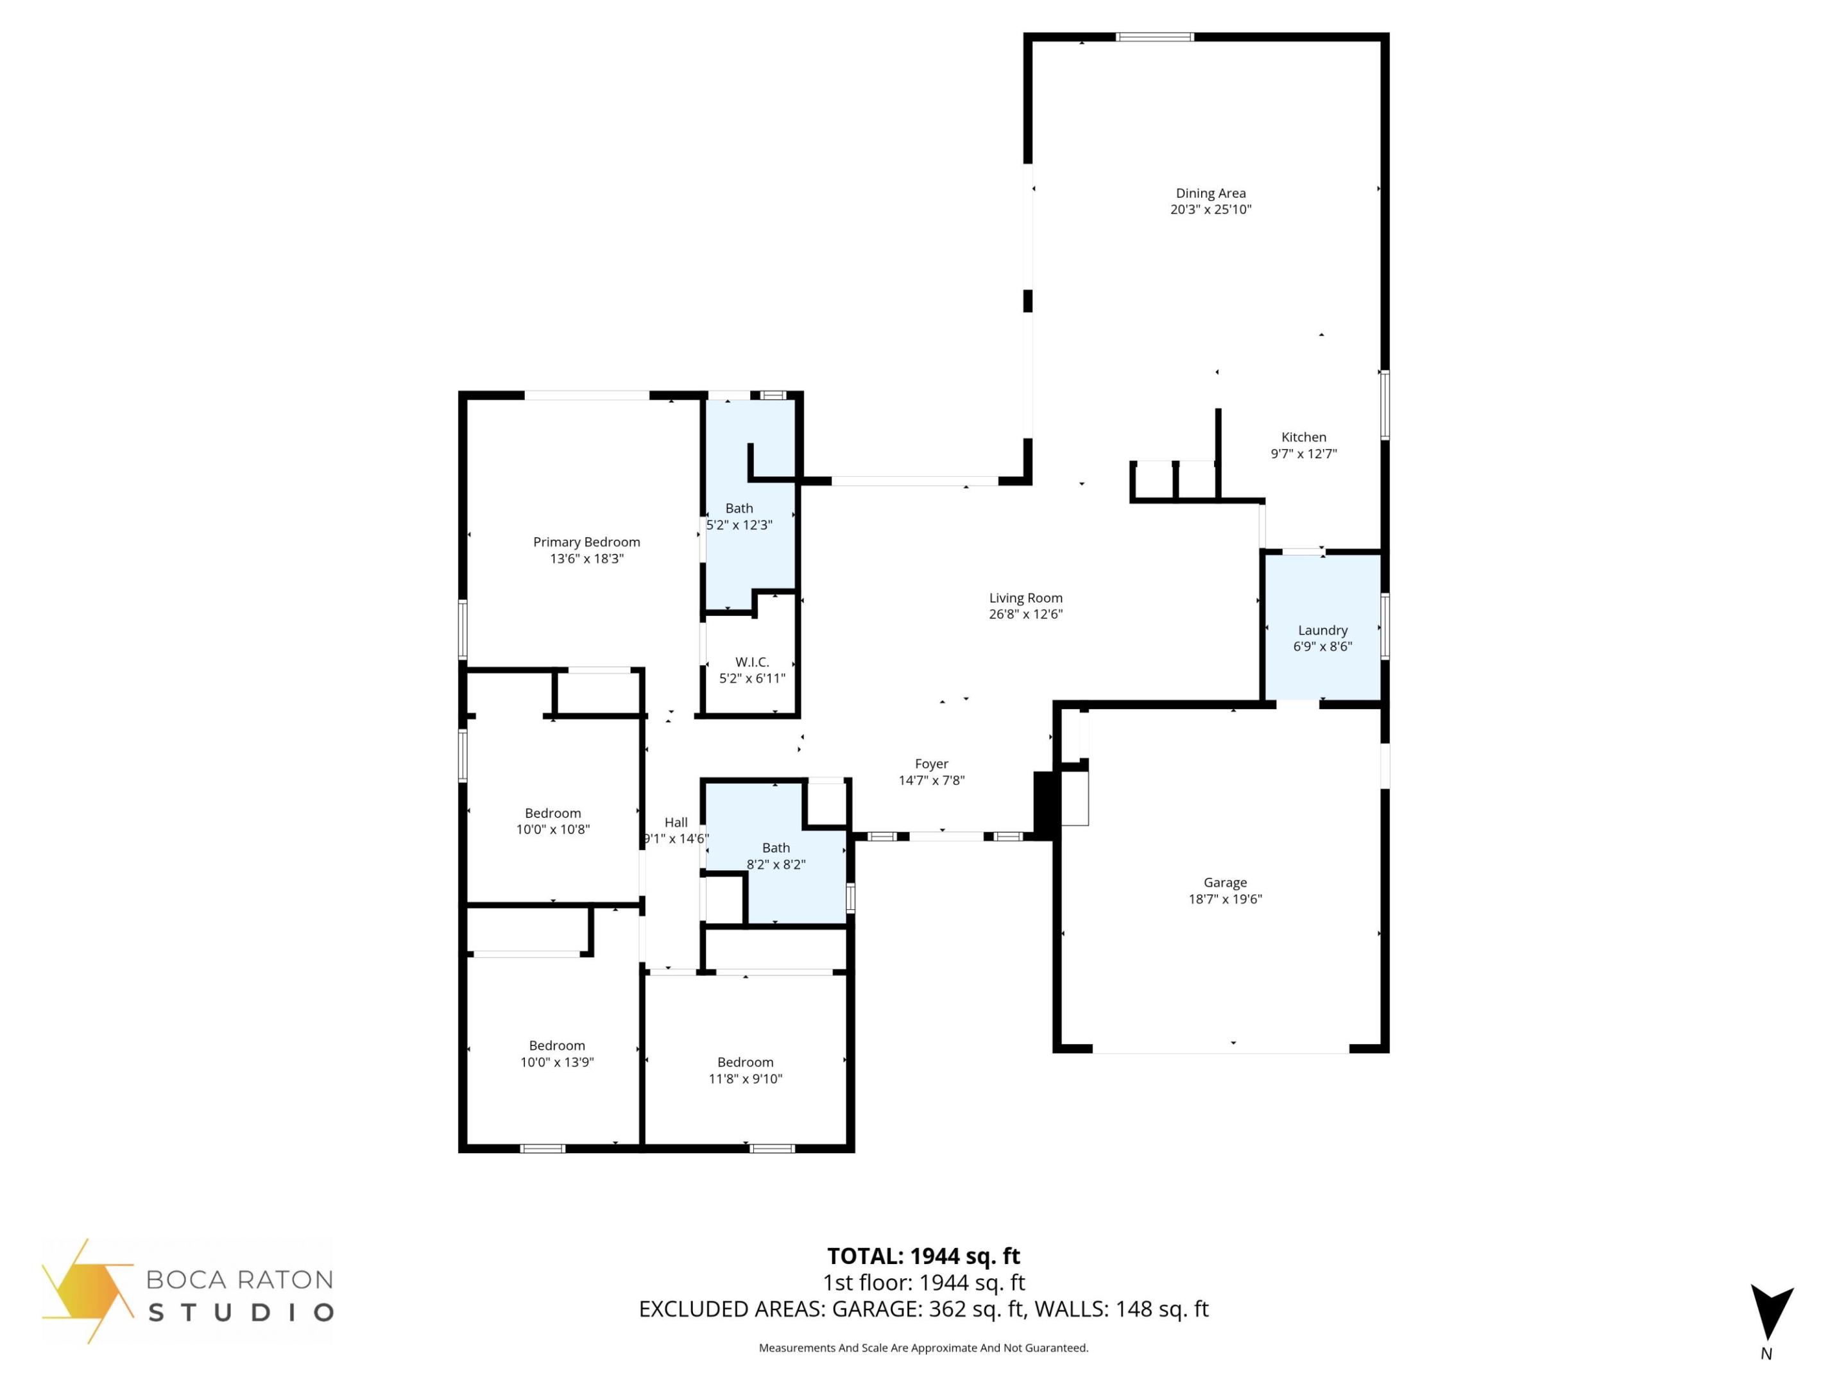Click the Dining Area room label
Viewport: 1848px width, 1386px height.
(1211, 193)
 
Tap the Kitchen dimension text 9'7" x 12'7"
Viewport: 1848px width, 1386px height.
(1303, 454)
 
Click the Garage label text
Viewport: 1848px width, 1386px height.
(1225, 882)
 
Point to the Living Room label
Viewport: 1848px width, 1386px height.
(1025, 597)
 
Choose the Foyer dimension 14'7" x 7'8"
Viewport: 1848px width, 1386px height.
(932, 780)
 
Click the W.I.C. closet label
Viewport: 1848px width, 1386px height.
(752, 662)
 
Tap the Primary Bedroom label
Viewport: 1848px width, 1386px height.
(586, 542)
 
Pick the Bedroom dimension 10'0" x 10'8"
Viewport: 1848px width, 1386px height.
(553, 830)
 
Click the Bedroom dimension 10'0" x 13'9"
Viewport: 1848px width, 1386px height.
(556, 1062)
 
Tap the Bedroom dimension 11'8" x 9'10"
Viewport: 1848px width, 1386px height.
(745, 1079)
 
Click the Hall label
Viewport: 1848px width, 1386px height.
(676, 822)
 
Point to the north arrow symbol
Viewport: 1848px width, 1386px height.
(1770, 1313)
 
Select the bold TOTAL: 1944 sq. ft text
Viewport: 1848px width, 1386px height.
(923, 1256)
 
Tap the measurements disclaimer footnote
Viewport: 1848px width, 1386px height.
(923, 1347)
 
